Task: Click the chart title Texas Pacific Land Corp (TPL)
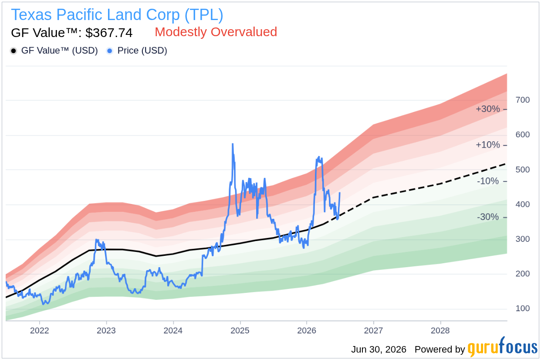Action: pyautogui.click(x=117, y=15)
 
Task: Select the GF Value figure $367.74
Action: pyautogui.click(x=109, y=33)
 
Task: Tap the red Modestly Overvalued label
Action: pyautogui.click(x=216, y=32)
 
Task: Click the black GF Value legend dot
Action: pyautogui.click(x=14, y=51)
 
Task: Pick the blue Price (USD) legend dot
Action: pyautogui.click(x=110, y=51)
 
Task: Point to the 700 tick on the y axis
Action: pyautogui.click(x=523, y=100)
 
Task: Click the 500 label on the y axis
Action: pyautogui.click(x=523, y=170)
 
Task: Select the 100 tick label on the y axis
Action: pyautogui.click(x=523, y=309)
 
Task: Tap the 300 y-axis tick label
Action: pyautogui.click(x=523, y=239)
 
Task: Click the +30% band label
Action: pyautogui.click(x=487, y=109)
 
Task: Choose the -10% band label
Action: pyautogui.click(x=488, y=181)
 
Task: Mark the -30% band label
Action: pyautogui.click(x=488, y=217)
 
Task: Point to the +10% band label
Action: pyautogui.click(x=487, y=145)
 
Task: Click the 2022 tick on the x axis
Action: pyautogui.click(x=39, y=330)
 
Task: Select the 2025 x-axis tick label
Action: pyautogui.click(x=240, y=330)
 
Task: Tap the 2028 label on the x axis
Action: pyautogui.click(x=440, y=330)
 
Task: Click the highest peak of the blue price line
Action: pyautogui.click(x=233, y=144)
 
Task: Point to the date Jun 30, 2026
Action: pyautogui.click(x=379, y=350)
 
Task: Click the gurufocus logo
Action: pyautogui.click(x=503, y=347)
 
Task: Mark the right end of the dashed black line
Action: pyautogui.click(x=505, y=164)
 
